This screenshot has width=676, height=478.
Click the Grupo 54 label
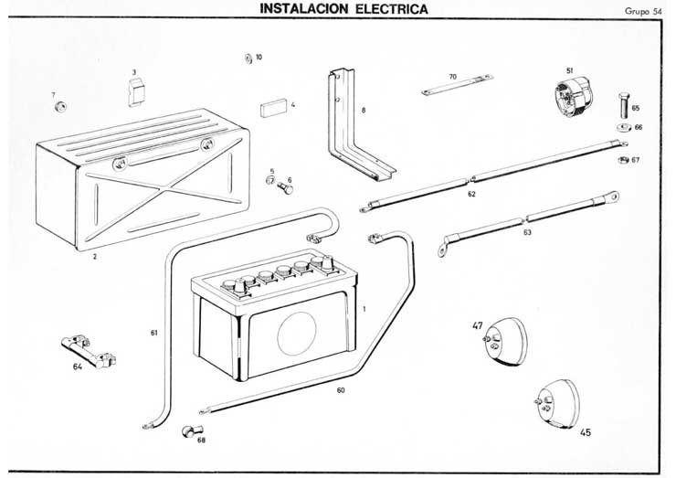pos(642,12)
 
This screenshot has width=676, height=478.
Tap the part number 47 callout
pos(477,325)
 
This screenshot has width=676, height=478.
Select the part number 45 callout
pos(586,432)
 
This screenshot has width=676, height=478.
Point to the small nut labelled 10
pos(248,58)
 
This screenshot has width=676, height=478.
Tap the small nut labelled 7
pos(61,108)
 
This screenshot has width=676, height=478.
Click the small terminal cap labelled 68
pos(191,429)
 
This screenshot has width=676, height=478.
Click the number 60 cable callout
pos(341,391)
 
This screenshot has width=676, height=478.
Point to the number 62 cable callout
pos(471,194)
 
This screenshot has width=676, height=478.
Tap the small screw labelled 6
pos(285,188)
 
